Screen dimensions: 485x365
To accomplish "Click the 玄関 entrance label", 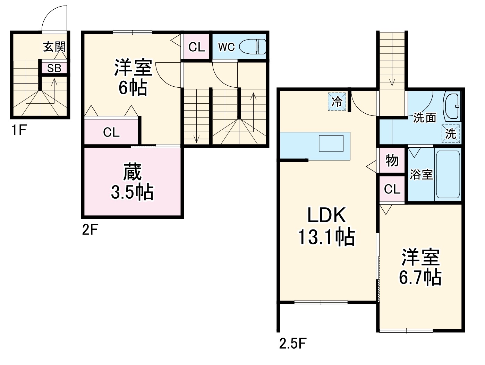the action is pyautogui.click(x=54, y=47).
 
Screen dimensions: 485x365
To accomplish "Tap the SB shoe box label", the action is pyautogui.click(x=54, y=68).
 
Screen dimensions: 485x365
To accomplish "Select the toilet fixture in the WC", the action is pyautogui.click(x=253, y=46).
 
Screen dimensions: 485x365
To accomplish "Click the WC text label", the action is pyautogui.click(x=227, y=47).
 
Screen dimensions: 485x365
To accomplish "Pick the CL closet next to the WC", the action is pyautogui.click(x=196, y=46).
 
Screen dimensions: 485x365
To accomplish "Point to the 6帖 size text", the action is pyautogui.click(x=133, y=88).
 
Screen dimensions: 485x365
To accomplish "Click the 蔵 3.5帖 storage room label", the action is pyautogui.click(x=133, y=181).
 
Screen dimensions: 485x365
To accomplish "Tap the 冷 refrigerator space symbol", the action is pyautogui.click(x=337, y=102).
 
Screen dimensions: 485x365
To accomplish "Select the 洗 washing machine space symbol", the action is pyautogui.click(x=451, y=133).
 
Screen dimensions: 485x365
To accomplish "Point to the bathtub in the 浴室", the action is pyautogui.click(x=448, y=174).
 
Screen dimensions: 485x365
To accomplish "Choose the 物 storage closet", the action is pyautogui.click(x=392, y=160).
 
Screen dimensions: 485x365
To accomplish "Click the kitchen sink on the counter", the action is pyautogui.click(x=331, y=144).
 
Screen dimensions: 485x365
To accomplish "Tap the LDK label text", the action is pyautogui.click(x=326, y=215).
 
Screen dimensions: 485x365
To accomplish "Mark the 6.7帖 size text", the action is pyautogui.click(x=420, y=278).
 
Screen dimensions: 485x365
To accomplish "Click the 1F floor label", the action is pyautogui.click(x=19, y=130).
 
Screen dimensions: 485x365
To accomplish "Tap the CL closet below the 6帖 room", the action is pyautogui.click(x=111, y=132).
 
